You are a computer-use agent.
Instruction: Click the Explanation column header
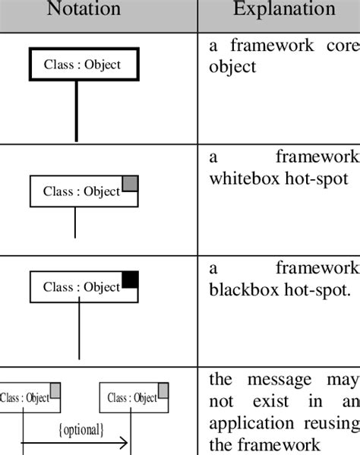[x=284, y=10]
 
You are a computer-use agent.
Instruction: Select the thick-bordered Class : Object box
[x=81, y=65]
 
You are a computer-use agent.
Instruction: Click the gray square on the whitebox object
[x=130, y=182]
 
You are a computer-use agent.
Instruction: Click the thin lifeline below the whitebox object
[x=75, y=222]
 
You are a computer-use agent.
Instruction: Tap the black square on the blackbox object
[x=131, y=279]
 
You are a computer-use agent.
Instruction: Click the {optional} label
[x=81, y=430]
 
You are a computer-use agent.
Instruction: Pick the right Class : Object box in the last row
[x=133, y=397]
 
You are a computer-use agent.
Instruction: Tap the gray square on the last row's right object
[x=163, y=390]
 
